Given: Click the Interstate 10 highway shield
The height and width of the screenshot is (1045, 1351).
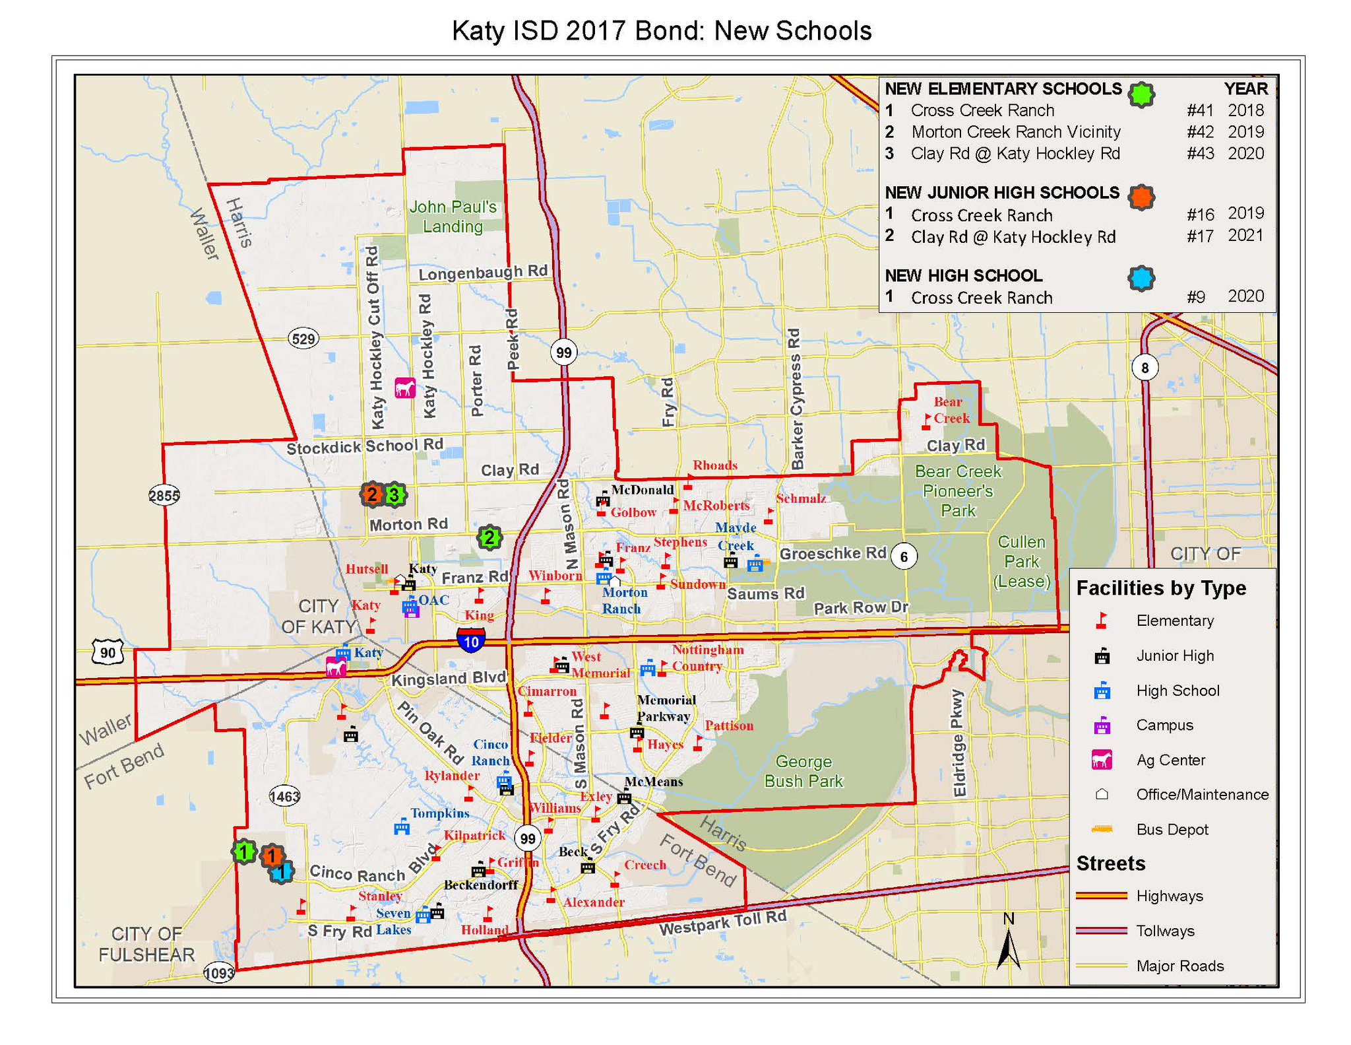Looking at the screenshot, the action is click(x=471, y=640).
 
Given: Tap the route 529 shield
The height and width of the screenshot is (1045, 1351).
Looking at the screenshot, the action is click(x=303, y=339).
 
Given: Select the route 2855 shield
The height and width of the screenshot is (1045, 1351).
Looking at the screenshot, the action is click(x=164, y=495).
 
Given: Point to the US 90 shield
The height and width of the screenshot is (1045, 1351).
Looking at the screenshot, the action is click(x=108, y=653).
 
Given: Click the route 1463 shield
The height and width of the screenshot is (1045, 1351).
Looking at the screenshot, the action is click(x=285, y=796).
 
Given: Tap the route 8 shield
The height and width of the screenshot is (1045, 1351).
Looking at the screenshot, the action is click(x=1145, y=368).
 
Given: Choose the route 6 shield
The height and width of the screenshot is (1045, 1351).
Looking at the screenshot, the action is click(x=904, y=556).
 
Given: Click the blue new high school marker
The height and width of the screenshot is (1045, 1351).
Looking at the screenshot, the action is click(x=282, y=872).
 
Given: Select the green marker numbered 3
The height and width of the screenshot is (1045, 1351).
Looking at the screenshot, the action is click(x=394, y=494).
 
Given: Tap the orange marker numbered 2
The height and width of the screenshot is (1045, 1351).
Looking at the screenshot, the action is click(x=372, y=494).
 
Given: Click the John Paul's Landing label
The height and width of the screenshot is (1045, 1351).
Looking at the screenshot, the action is click(x=453, y=217).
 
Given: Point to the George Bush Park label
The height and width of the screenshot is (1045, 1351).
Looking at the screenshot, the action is click(x=803, y=771).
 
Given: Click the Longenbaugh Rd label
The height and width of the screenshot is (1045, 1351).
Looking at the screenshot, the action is click(x=483, y=272).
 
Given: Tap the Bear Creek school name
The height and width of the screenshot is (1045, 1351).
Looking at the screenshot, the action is click(x=951, y=410).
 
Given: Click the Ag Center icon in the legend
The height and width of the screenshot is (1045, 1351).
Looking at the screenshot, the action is click(x=1102, y=760).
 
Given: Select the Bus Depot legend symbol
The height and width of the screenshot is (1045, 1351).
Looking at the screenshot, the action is click(x=1102, y=829).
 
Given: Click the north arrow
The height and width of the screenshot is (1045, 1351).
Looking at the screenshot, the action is click(x=1008, y=944).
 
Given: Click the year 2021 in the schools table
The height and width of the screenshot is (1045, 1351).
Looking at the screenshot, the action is click(x=1245, y=236).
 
